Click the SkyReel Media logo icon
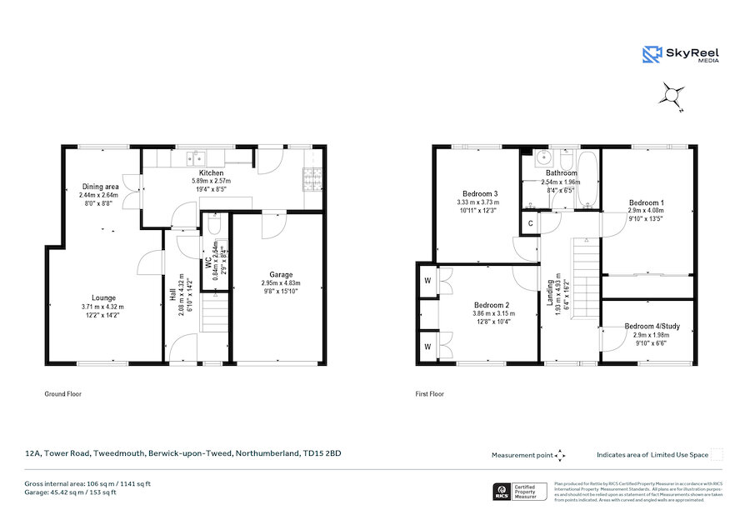[651, 54]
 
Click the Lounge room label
[104, 297]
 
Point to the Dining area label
[99, 186]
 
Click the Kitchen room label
[211, 172]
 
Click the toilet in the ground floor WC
[214, 227]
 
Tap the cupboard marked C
[530, 223]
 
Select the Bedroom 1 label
[646, 202]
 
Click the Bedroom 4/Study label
[651, 325]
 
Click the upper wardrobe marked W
[426, 279]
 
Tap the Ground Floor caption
[62, 393]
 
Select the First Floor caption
[430, 393]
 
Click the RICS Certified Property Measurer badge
[522, 491]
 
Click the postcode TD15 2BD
[323, 453]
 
